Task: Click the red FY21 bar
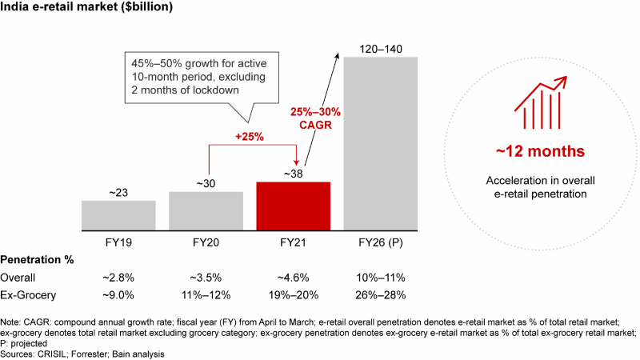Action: click(294, 206)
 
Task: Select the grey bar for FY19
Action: click(118, 214)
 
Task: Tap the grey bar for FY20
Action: click(206, 210)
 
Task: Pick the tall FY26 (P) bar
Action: click(380, 144)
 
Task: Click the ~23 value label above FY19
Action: click(118, 192)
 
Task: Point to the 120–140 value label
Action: click(381, 50)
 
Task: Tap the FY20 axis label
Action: click(206, 242)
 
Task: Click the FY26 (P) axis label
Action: click(381, 242)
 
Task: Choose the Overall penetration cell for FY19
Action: click(118, 277)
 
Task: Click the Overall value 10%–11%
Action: click(381, 277)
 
